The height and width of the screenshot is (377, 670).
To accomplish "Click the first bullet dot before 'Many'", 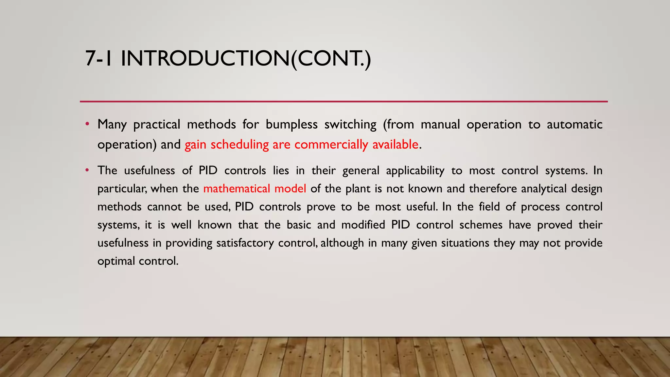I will pyautogui.click(x=87, y=124).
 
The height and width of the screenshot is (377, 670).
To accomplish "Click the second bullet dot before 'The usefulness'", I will pyautogui.click(x=87, y=170).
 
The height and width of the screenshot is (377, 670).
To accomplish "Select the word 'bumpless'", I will pyautogui.click(x=291, y=125).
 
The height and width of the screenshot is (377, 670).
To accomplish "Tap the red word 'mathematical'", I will pyautogui.click(x=237, y=189).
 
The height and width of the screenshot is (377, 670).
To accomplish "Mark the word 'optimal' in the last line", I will pyautogui.click(x=116, y=261).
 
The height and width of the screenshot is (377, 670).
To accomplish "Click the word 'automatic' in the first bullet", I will pyautogui.click(x=574, y=125).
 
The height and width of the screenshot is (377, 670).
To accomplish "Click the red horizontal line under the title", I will pyautogui.click(x=344, y=102).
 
